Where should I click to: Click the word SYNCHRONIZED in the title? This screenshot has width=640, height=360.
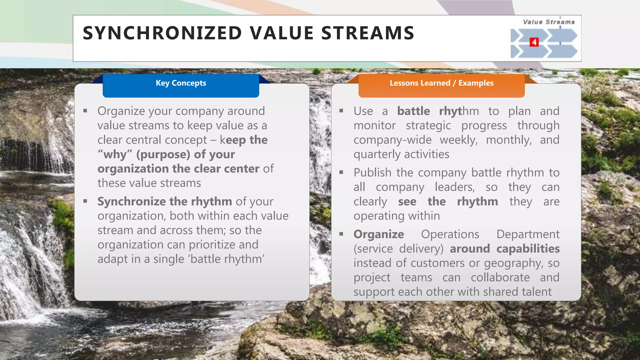(162, 33)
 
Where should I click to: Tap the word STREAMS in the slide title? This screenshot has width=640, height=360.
(367, 33)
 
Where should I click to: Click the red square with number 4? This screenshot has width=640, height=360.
(534, 42)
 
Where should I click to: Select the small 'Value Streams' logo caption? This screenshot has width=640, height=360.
(549, 22)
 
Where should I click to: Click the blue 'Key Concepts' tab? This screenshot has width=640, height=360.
(181, 83)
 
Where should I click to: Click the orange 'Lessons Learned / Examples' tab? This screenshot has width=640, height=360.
(441, 83)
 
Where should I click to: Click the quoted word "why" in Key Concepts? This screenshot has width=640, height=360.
(115, 154)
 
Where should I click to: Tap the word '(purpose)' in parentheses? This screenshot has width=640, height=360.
(163, 154)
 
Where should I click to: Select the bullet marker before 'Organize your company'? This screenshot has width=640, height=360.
(85, 111)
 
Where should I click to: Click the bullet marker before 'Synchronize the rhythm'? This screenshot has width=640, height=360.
(85, 201)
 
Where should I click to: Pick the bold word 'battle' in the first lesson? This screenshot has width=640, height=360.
(413, 111)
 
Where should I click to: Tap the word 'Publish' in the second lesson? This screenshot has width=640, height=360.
(372, 172)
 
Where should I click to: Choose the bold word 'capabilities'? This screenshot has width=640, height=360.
(528, 249)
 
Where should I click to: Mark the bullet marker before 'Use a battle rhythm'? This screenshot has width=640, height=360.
(341, 111)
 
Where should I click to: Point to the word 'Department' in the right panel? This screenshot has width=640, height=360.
(528, 234)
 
